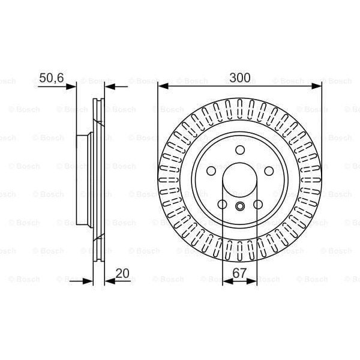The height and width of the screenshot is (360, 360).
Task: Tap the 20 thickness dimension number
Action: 122,273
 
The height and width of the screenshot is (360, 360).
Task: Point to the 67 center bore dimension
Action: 240,273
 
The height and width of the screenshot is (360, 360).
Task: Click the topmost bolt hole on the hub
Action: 240,150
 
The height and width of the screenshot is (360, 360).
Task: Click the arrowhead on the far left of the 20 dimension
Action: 89,280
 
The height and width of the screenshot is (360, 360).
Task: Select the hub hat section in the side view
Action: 84,180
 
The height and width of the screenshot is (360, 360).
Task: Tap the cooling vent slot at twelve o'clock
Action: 240,108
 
